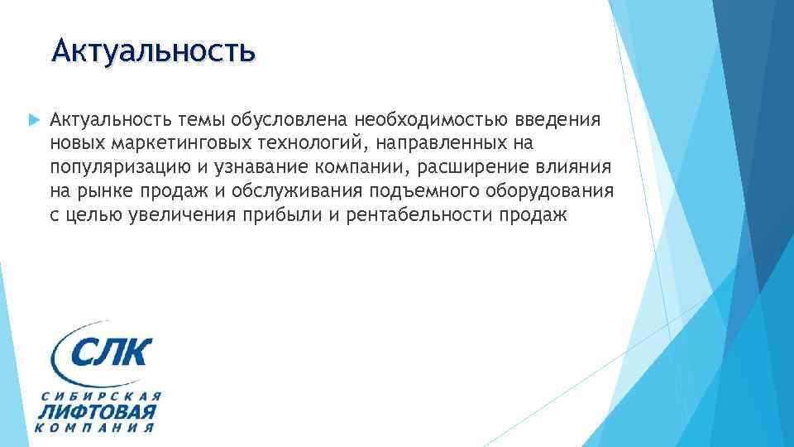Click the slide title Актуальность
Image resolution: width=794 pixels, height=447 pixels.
pos(153,51)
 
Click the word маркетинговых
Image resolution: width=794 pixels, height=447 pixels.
pos(167,145)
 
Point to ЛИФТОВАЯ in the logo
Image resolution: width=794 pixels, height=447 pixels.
pos(98,411)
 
